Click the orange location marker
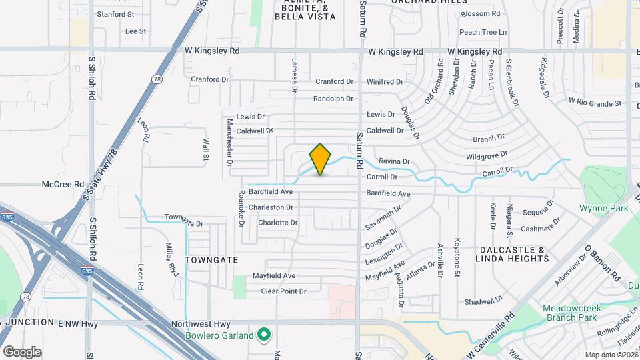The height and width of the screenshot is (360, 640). click(320, 159)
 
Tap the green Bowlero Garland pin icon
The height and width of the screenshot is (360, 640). click(264, 334)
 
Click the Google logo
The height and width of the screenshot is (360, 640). click(21, 351)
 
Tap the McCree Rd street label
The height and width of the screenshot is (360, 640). click(63, 184)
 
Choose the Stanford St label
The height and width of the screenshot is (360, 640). click(115, 13)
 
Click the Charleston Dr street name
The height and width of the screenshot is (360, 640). click(271, 207)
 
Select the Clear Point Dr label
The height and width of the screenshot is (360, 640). click(283, 291)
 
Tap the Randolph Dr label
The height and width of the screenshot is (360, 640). click(333, 99)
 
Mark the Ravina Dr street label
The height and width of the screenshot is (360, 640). click(393, 161)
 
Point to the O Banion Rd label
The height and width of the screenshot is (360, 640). click(603, 263)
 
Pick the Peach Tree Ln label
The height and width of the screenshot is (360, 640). click(483, 32)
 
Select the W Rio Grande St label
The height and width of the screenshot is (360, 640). click(595, 103)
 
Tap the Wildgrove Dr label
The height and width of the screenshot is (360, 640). click(487, 155)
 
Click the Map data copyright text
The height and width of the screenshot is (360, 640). click(609, 355)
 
